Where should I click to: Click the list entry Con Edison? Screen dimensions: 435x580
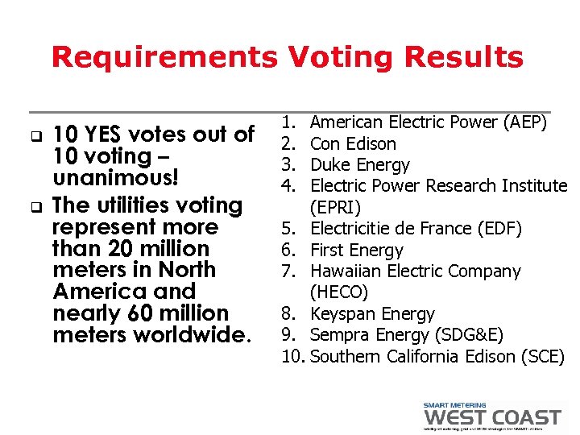coord(353,144)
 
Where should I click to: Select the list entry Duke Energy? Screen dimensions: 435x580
coord(359,165)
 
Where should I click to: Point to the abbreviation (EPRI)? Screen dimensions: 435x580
coord(335,207)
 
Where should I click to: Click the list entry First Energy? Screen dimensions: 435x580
coord(356,251)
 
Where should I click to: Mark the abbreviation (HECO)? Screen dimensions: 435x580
coord(338,292)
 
